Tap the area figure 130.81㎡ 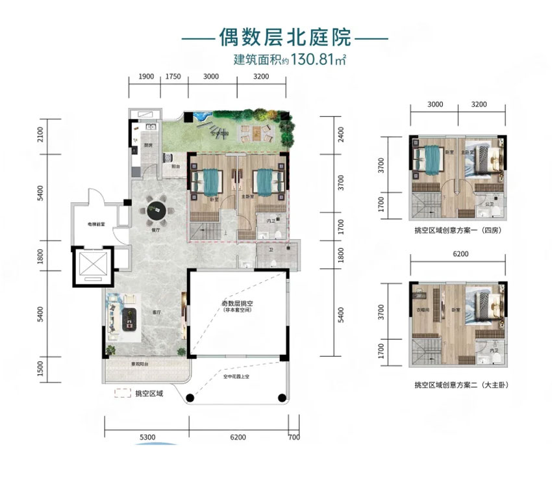pyautogui.click(x=310, y=60)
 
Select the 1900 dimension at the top pyautogui.click(x=146, y=77)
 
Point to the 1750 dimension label pyautogui.click(x=173, y=77)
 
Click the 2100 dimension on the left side pyautogui.click(x=40, y=135)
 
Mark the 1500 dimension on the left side pyautogui.click(x=40, y=369)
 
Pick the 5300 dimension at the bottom pyautogui.click(x=146, y=437)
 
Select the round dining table pyautogui.click(x=156, y=210)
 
